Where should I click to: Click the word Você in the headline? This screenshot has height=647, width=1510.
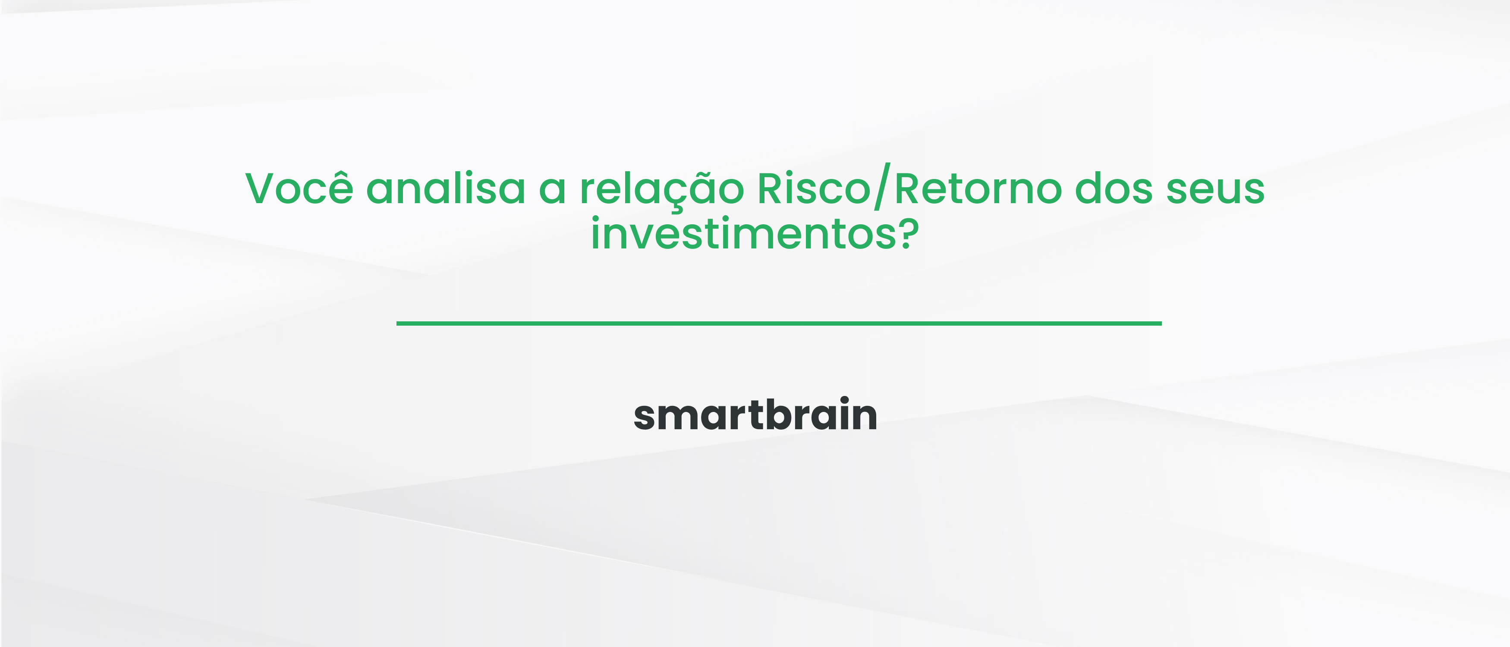[x=299, y=189]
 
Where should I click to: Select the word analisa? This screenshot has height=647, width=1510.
[x=446, y=189]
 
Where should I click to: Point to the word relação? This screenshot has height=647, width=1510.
[x=662, y=189]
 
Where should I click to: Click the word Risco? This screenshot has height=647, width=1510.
[x=814, y=189]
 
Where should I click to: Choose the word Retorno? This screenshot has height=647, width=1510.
[x=978, y=189]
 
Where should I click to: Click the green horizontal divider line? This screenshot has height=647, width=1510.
[x=778, y=323]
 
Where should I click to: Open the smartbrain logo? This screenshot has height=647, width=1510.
[x=755, y=415]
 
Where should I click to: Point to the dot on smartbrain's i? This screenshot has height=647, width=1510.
[x=843, y=400]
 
